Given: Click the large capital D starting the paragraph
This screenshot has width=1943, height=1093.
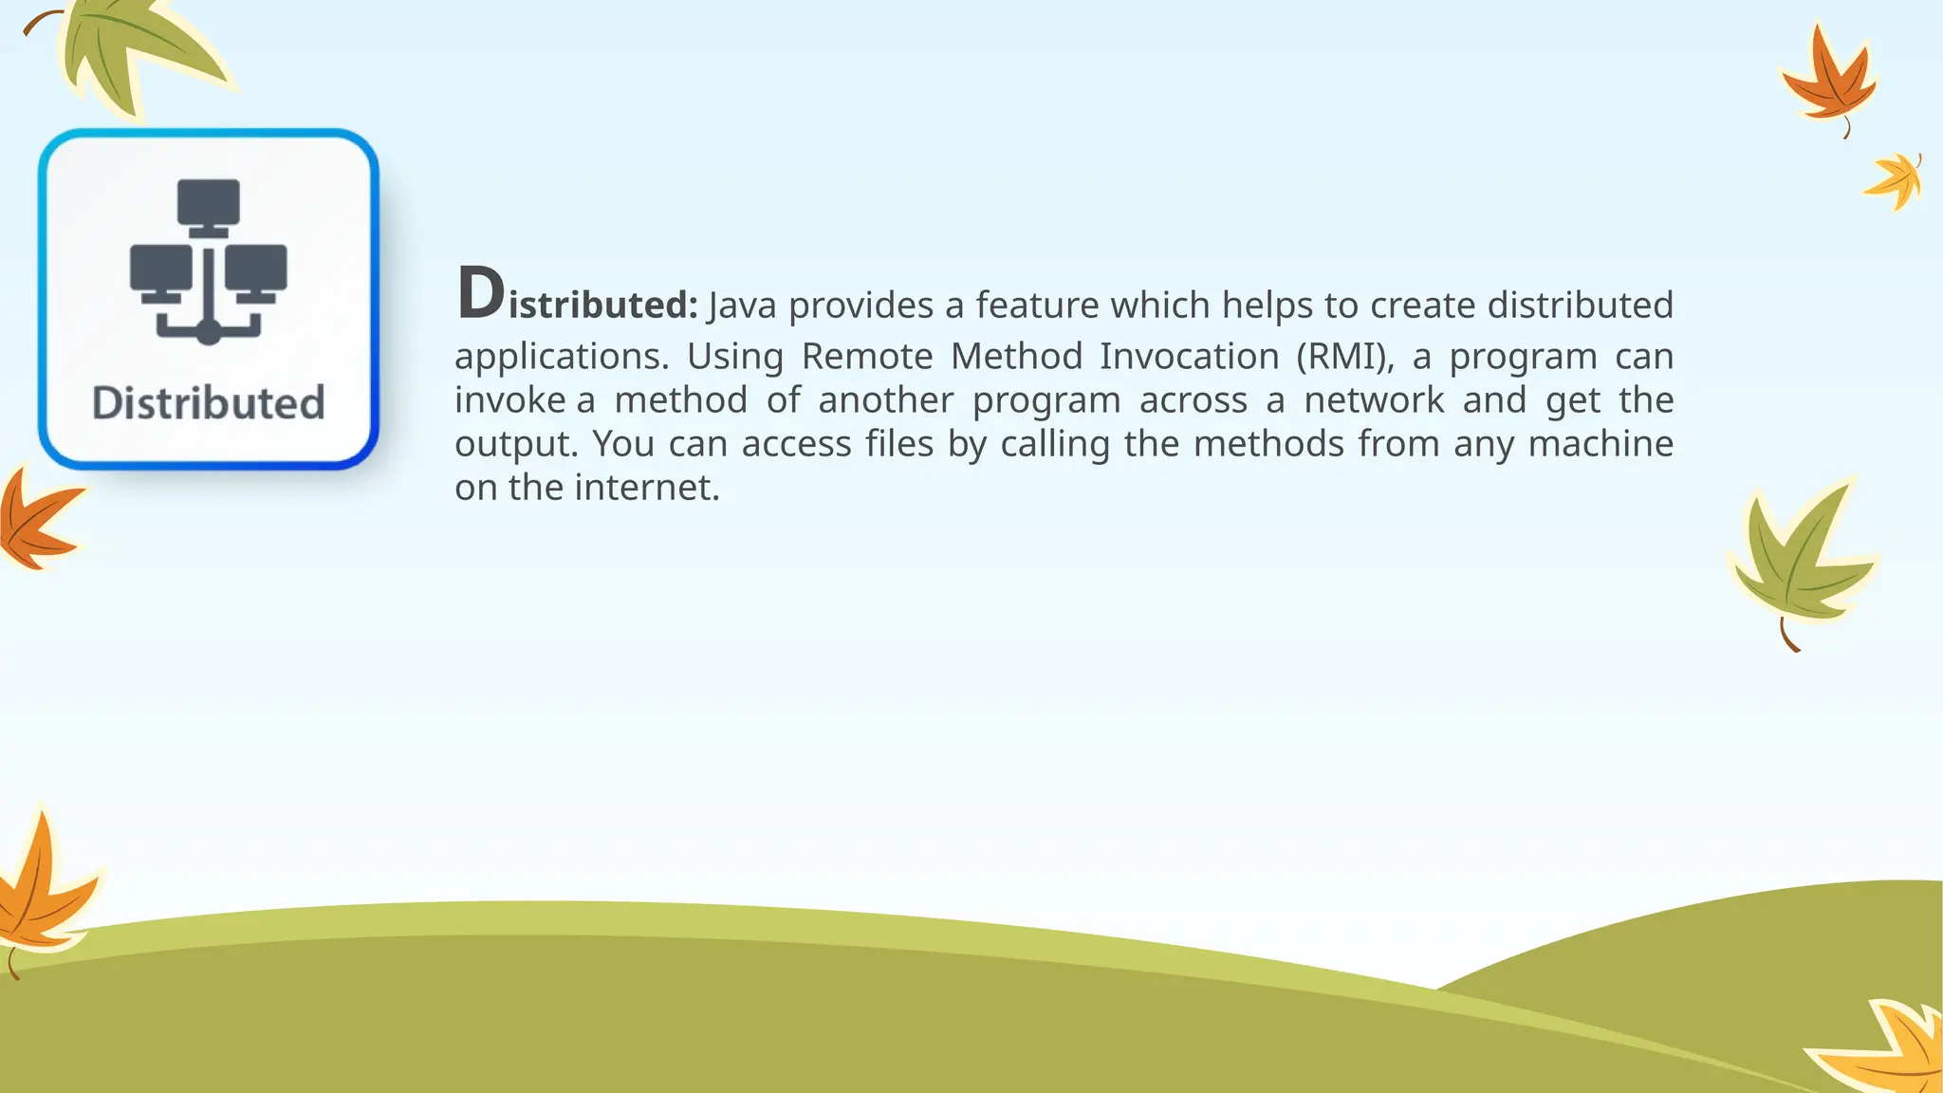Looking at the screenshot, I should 480,294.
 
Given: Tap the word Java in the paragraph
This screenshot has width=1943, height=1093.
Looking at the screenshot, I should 742,306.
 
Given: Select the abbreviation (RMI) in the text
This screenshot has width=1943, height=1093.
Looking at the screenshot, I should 1344,357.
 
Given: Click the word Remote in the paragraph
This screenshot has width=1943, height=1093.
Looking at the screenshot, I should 867,357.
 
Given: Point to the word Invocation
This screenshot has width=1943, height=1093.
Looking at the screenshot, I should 1190,357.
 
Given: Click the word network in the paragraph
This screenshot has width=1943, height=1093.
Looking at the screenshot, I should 1374,400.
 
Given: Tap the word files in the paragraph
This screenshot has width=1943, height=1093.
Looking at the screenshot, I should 899,444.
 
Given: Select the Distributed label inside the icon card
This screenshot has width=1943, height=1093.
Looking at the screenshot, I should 209,403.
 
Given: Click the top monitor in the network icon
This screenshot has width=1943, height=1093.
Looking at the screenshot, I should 209,203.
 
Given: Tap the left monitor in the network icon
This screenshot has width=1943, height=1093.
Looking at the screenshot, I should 160,269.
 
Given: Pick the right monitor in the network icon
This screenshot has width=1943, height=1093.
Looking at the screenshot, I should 256,269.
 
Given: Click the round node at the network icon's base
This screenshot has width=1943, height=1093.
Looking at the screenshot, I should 209,332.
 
